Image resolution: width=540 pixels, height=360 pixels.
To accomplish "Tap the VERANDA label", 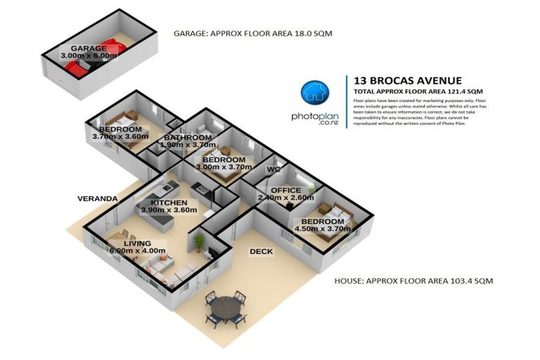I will pyautogui.click(x=97, y=199).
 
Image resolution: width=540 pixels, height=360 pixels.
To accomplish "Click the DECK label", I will pyautogui.click(x=260, y=251).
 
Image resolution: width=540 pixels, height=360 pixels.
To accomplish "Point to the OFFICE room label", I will pyautogui.click(x=285, y=191).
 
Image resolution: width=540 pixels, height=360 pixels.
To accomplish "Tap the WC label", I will pyautogui.click(x=274, y=169).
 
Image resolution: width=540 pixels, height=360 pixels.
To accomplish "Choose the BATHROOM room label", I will pyautogui.click(x=188, y=137).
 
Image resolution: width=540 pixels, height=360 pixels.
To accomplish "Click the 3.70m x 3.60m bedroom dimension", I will pyautogui.click(x=120, y=137).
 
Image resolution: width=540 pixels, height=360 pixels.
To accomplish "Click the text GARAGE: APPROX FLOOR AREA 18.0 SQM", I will pyautogui.click(x=253, y=33).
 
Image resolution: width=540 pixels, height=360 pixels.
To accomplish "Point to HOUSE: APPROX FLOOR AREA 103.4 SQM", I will pyautogui.click(x=413, y=281).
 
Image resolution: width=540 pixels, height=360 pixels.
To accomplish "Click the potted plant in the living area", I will pyautogui.click(x=200, y=243).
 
